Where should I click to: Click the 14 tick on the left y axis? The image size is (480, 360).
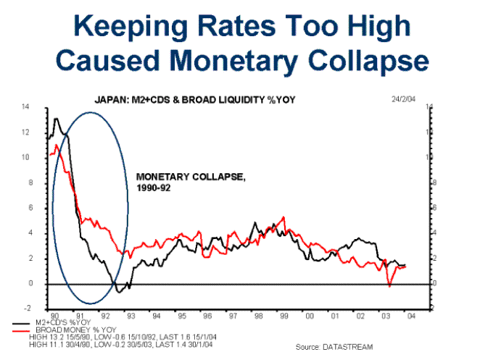pos(26,107)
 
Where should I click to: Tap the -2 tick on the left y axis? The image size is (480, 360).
pos(25,309)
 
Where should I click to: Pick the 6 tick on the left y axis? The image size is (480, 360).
pos(27,208)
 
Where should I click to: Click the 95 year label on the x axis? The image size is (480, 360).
pos(181,316)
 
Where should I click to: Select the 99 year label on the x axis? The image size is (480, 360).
pos(284,316)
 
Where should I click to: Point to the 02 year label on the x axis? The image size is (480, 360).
pos(360,316)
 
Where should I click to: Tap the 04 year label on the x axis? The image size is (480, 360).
pos(411,316)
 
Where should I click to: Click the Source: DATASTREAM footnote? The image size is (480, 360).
pos(331,348)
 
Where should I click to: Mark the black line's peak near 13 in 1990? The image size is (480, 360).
pos(57,118)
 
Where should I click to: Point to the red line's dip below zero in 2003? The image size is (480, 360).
pos(389,286)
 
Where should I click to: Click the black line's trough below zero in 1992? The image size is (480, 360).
pos(118,291)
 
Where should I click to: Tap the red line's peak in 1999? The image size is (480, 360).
pos(283,217)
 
